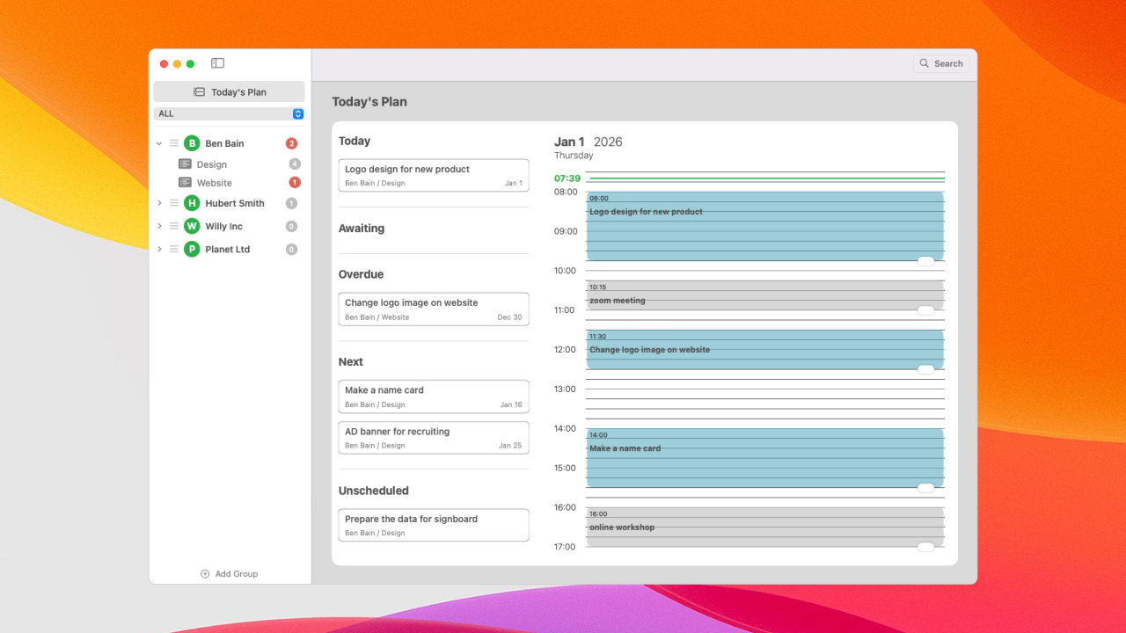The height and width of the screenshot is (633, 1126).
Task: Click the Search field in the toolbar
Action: (x=941, y=63)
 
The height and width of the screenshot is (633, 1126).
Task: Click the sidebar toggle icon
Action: (x=217, y=63)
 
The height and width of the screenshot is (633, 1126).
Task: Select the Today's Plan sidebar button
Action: (x=229, y=91)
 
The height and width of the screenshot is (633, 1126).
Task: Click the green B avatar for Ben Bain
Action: (x=192, y=143)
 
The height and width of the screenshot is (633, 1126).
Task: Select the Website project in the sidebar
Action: (x=214, y=183)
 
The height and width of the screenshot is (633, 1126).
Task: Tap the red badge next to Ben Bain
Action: (x=291, y=143)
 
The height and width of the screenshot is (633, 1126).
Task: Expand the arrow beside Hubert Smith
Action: (x=159, y=203)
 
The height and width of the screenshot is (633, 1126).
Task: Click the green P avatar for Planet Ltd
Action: (x=192, y=249)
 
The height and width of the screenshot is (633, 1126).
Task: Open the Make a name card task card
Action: (x=434, y=397)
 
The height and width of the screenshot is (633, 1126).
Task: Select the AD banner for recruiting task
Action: (x=434, y=437)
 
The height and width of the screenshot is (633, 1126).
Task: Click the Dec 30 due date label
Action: (x=509, y=317)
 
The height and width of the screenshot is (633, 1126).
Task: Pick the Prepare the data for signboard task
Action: (x=434, y=525)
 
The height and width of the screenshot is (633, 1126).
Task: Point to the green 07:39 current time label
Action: (x=567, y=178)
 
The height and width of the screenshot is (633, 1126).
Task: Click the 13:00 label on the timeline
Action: (x=566, y=389)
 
